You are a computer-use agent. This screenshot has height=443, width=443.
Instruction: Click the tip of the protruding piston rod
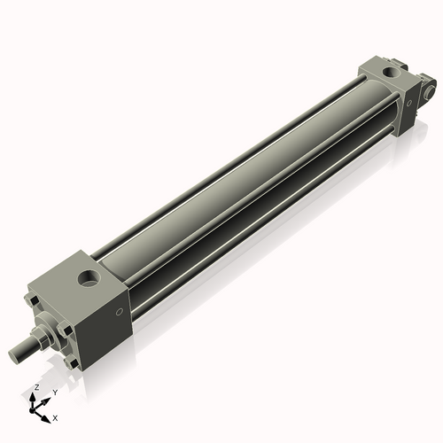[x=14, y=356]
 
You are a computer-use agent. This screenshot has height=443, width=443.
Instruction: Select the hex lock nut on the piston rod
[x=40, y=338]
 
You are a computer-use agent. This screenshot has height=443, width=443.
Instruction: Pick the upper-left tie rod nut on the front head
[x=35, y=303]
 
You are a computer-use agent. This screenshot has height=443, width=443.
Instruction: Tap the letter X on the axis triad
[x=56, y=416]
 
